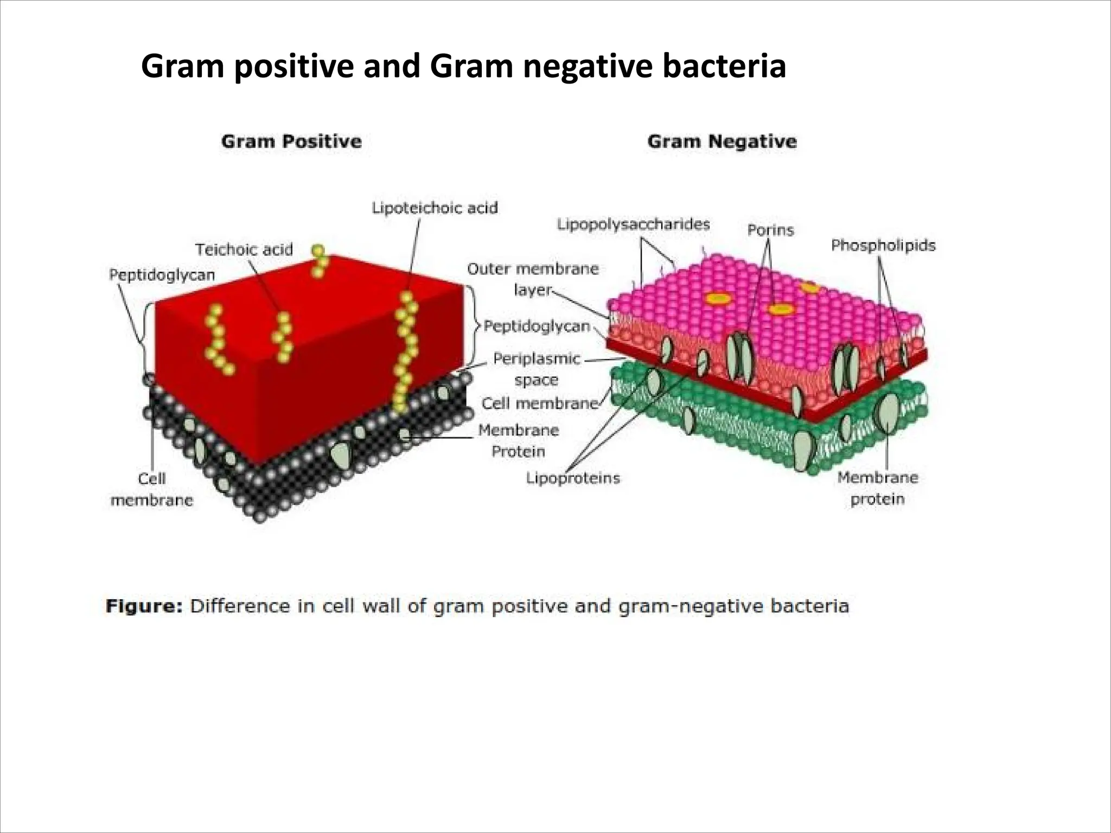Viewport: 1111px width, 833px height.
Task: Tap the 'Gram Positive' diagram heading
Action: pyautogui.click(x=291, y=142)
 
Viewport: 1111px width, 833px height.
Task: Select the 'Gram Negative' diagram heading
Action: pyautogui.click(x=722, y=142)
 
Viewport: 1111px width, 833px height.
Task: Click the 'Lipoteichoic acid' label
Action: pyautogui.click(x=435, y=208)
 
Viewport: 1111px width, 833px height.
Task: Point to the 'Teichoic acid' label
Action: pyautogui.click(x=244, y=249)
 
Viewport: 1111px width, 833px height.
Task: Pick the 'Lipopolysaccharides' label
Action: pyautogui.click(x=633, y=224)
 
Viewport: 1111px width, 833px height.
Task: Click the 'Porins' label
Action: pyautogui.click(x=770, y=230)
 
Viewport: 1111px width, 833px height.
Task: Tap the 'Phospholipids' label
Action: pyautogui.click(x=883, y=246)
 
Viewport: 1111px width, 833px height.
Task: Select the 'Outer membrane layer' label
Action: pyautogui.click(x=533, y=279)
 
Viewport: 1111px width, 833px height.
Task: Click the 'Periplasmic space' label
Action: pyautogui.click(x=536, y=369)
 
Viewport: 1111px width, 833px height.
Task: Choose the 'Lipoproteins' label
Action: pyautogui.click(x=573, y=478)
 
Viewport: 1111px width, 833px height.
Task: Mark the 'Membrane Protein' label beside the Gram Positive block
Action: pyautogui.click(x=518, y=440)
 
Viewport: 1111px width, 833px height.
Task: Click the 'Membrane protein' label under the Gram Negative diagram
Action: pyautogui.click(x=877, y=488)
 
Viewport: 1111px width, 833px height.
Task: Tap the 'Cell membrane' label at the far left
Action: pyautogui.click(x=152, y=489)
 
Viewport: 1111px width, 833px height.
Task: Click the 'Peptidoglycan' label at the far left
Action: pyautogui.click(x=162, y=275)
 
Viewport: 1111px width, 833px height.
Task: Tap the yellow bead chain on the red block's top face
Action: pyautogui.click(x=320, y=260)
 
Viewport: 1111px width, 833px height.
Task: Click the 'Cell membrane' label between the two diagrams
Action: pyautogui.click(x=539, y=403)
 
